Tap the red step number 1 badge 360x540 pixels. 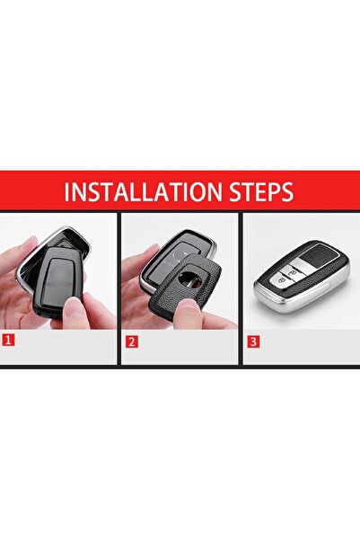point(8,341)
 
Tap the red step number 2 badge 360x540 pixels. point(131,341)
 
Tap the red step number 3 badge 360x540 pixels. point(252,341)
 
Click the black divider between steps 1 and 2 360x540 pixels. point(119,288)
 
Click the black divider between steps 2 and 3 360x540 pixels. point(240,288)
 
